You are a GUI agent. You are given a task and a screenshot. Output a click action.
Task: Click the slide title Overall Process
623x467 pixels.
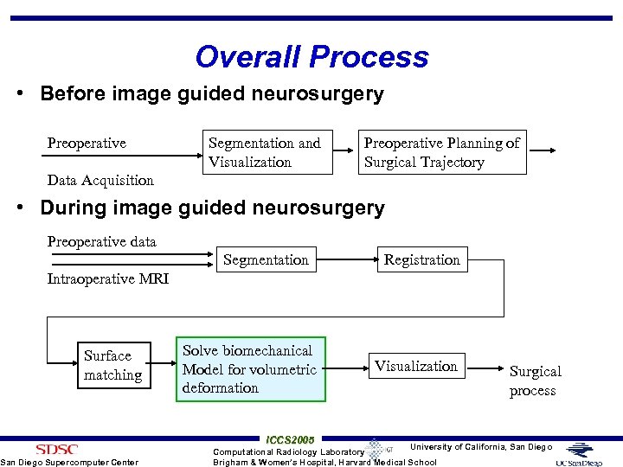tap(311, 57)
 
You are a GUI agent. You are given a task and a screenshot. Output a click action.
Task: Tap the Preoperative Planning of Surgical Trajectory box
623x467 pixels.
tap(442, 152)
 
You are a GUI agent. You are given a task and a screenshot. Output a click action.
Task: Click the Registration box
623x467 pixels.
tap(422, 259)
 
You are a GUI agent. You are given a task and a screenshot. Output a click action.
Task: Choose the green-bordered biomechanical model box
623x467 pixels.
tap(250, 369)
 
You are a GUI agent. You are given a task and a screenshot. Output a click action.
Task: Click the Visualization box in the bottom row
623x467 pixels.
tap(416, 366)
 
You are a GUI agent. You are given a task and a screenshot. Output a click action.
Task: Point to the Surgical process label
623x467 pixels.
tap(535, 381)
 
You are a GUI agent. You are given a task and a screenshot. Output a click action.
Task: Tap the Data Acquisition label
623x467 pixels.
tap(100, 180)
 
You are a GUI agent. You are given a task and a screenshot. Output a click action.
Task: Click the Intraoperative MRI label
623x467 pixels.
tap(107, 278)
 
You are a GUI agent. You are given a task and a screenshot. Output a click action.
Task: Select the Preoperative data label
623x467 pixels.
tap(101, 241)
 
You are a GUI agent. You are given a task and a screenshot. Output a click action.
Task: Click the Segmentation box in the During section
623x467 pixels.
tap(266, 259)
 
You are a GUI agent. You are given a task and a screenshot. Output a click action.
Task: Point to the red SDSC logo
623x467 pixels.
tap(56, 449)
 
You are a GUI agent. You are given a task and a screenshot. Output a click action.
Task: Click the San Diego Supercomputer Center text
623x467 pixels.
tap(69, 462)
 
